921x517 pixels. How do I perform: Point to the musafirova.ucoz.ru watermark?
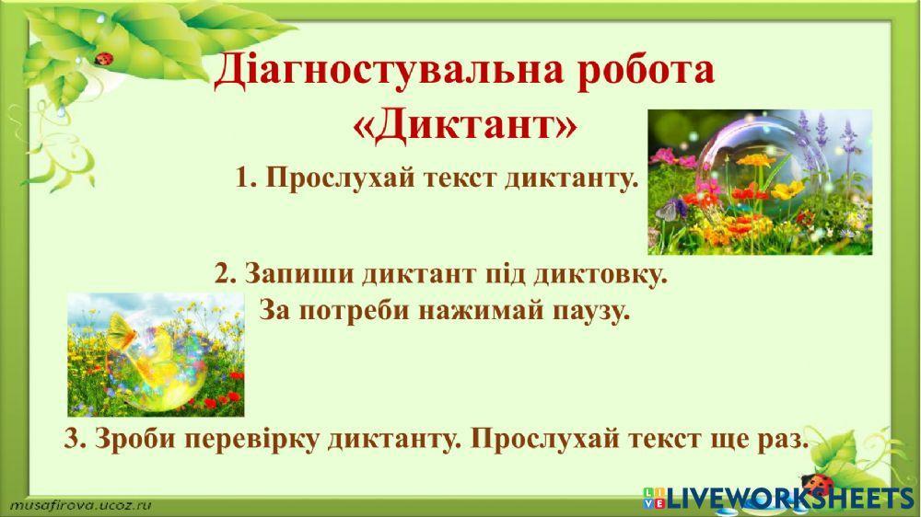pos(79,505)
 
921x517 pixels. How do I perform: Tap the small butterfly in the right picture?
pos(664,211)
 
